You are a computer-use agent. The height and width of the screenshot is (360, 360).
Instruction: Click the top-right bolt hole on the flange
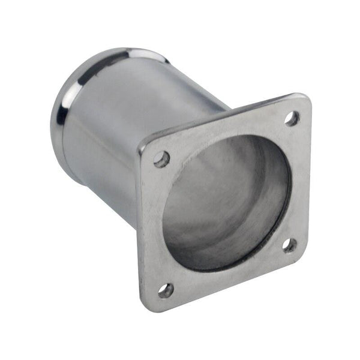tap(292, 118)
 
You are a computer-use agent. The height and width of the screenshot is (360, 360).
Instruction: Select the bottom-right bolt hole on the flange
tap(289, 245)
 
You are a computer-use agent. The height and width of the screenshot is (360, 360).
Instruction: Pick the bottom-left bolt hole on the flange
tap(166, 290)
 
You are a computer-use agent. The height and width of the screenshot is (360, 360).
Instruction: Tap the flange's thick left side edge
tap(139, 228)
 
